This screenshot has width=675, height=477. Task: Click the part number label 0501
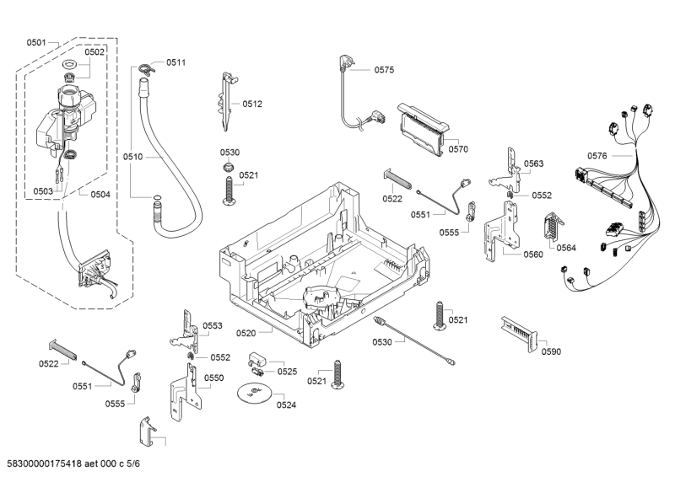(x=36, y=42)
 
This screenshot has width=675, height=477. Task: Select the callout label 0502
(x=94, y=51)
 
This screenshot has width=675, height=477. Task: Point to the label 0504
(x=100, y=195)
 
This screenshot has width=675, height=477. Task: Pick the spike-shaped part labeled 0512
(x=227, y=101)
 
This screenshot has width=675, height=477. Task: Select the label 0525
(x=287, y=372)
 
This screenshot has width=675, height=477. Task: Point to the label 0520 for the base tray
(x=246, y=334)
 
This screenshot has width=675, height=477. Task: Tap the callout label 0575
(x=384, y=71)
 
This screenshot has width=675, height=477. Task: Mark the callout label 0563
(x=533, y=164)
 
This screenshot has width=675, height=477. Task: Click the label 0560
(x=533, y=254)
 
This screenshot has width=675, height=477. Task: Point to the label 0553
(x=213, y=325)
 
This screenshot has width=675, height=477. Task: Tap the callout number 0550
(x=214, y=378)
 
